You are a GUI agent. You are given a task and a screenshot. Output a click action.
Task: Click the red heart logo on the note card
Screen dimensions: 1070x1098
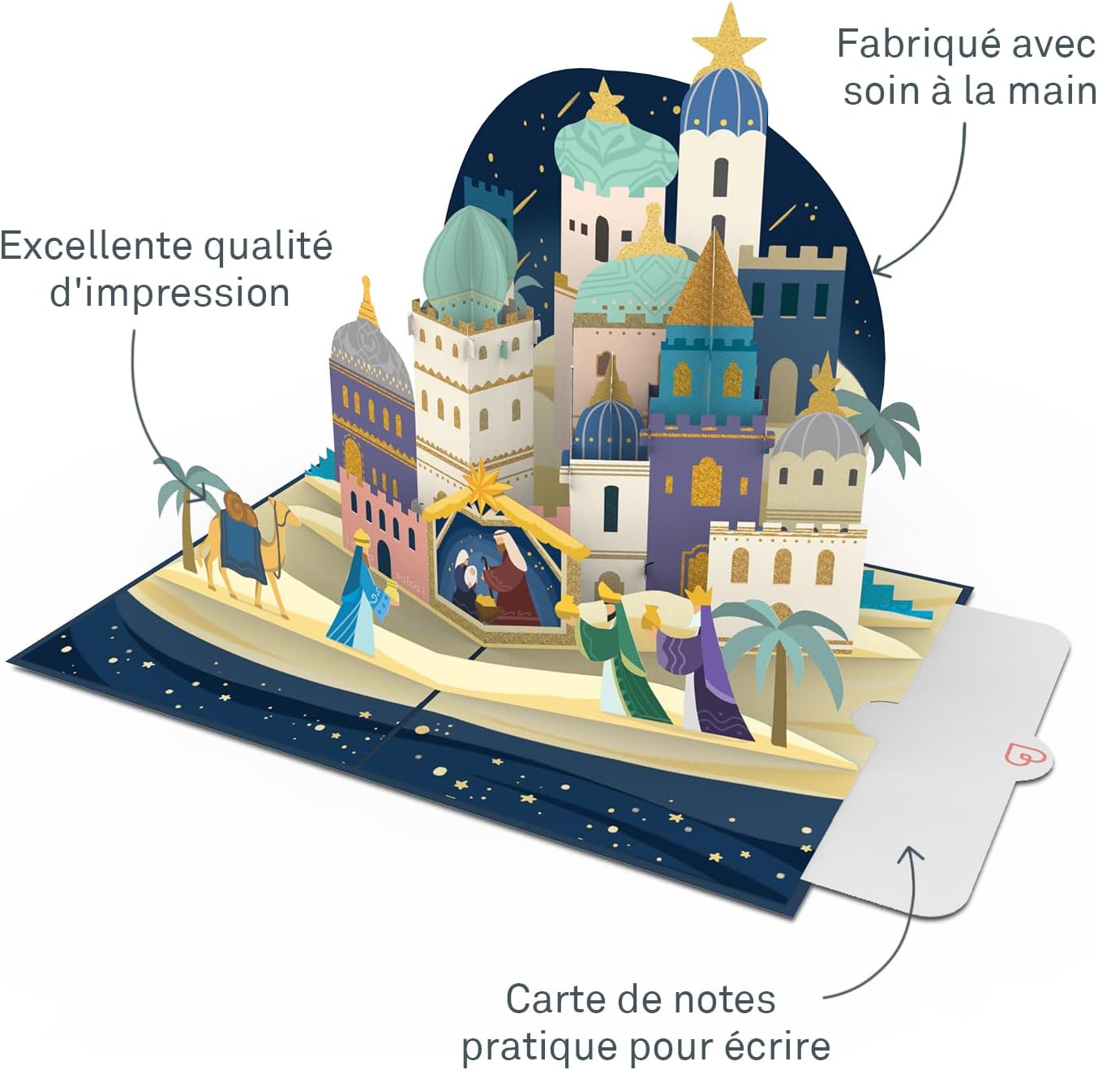pyautogui.click(x=1020, y=755)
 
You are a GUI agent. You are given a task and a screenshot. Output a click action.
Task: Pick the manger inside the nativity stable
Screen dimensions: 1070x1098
pyautogui.click(x=487, y=606)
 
